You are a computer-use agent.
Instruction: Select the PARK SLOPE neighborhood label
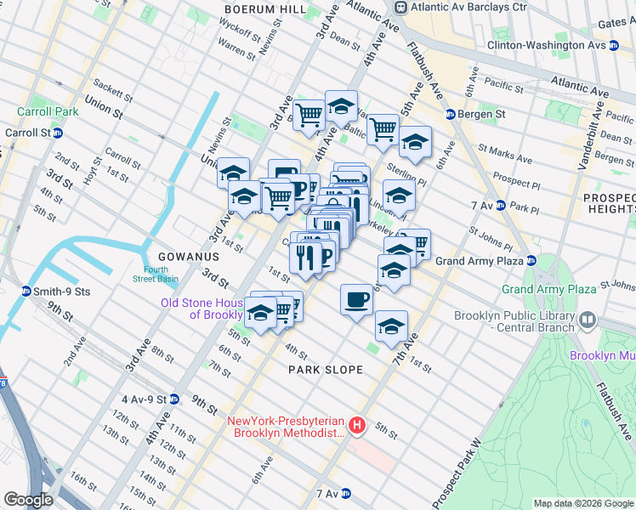click(x=326, y=370)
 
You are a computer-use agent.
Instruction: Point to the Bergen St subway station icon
click(x=451, y=114)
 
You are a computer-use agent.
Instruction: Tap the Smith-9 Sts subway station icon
click(x=27, y=291)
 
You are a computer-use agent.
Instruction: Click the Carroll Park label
click(x=48, y=111)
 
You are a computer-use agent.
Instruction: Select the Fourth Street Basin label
click(x=155, y=274)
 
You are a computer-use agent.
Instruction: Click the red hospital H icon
click(x=358, y=425)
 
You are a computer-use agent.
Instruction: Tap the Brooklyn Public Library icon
click(x=588, y=320)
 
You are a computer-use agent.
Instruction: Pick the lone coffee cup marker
click(x=356, y=298)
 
